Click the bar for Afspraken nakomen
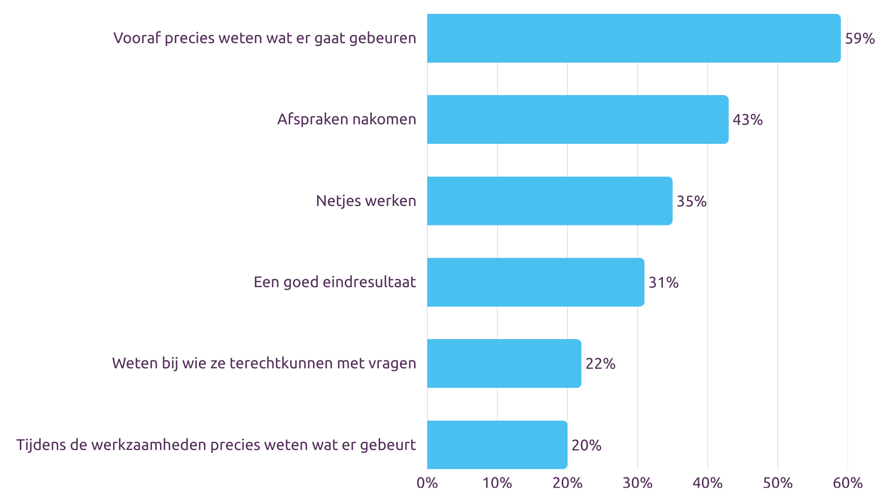[x=578, y=119]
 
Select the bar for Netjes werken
[x=550, y=201]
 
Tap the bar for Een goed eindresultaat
[x=535, y=282]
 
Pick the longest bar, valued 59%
[x=634, y=38]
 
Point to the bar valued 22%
[x=504, y=363]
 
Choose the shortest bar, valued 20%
[x=497, y=445]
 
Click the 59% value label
[x=860, y=39]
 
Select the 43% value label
[x=748, y=120]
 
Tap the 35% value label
[x=692, y=201]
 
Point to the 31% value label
[x=663, y=283]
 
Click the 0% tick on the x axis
[x=427, y=483]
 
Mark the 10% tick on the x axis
[x=497, y=483]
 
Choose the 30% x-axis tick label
[x=637, y=483]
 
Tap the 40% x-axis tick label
[x=707, y=483]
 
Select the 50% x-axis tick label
[x=778, y=483]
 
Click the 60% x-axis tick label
[x=848, y=483]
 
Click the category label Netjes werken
[x=366, y=201]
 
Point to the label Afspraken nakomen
[x=347, y=120]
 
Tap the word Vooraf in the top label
[x=137, y=38]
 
